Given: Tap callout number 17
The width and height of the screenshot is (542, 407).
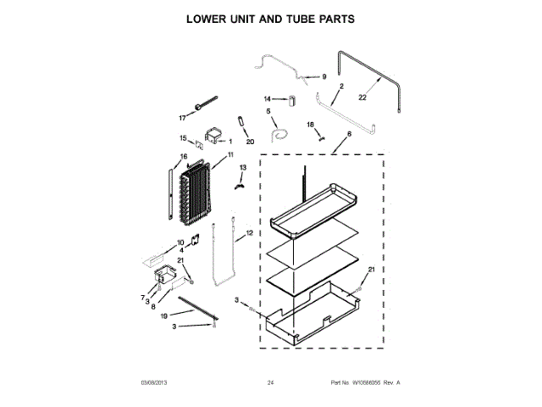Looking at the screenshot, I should click(181, 118).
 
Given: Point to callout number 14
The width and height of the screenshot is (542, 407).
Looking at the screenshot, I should click(267, 98).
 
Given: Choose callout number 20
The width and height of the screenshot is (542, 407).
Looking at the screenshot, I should click(250, 142).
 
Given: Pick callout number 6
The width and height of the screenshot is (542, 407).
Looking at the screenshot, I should click(348, 134).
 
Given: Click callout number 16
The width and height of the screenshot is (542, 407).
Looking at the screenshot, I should click(183, 156).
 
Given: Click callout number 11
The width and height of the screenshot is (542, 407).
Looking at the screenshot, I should click(230, 156).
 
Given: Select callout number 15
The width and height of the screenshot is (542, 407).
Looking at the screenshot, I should click(183, 138).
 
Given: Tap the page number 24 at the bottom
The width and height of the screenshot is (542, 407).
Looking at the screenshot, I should click(271, 383).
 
